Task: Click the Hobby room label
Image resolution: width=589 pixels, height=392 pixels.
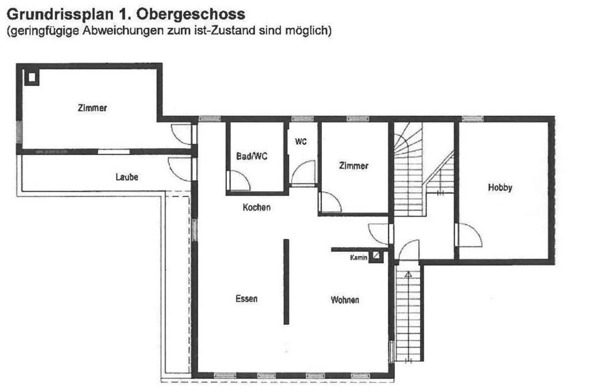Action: coord(500,187)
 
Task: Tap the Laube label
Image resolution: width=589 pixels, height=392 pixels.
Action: coord(127,177)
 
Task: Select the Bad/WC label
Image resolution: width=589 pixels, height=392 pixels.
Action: coord(252,156)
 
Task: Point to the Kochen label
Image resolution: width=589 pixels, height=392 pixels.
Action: coord(256,207)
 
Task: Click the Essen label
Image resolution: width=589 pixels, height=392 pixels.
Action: coord(247,299)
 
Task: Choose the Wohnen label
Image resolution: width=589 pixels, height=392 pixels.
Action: coord(345,300)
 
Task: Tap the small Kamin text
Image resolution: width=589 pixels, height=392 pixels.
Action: coord(358,257)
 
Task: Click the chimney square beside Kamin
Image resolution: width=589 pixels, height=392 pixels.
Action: coord(376,256)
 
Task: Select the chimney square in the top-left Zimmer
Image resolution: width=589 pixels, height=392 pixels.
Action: coord(31,77)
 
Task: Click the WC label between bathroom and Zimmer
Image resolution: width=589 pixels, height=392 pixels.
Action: coord(301,142)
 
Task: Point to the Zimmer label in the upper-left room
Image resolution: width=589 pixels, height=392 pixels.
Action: coord(92,108)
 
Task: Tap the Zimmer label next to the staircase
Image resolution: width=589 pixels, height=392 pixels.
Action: coord(353,166)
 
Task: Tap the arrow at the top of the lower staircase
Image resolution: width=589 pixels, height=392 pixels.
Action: coord(408,275)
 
